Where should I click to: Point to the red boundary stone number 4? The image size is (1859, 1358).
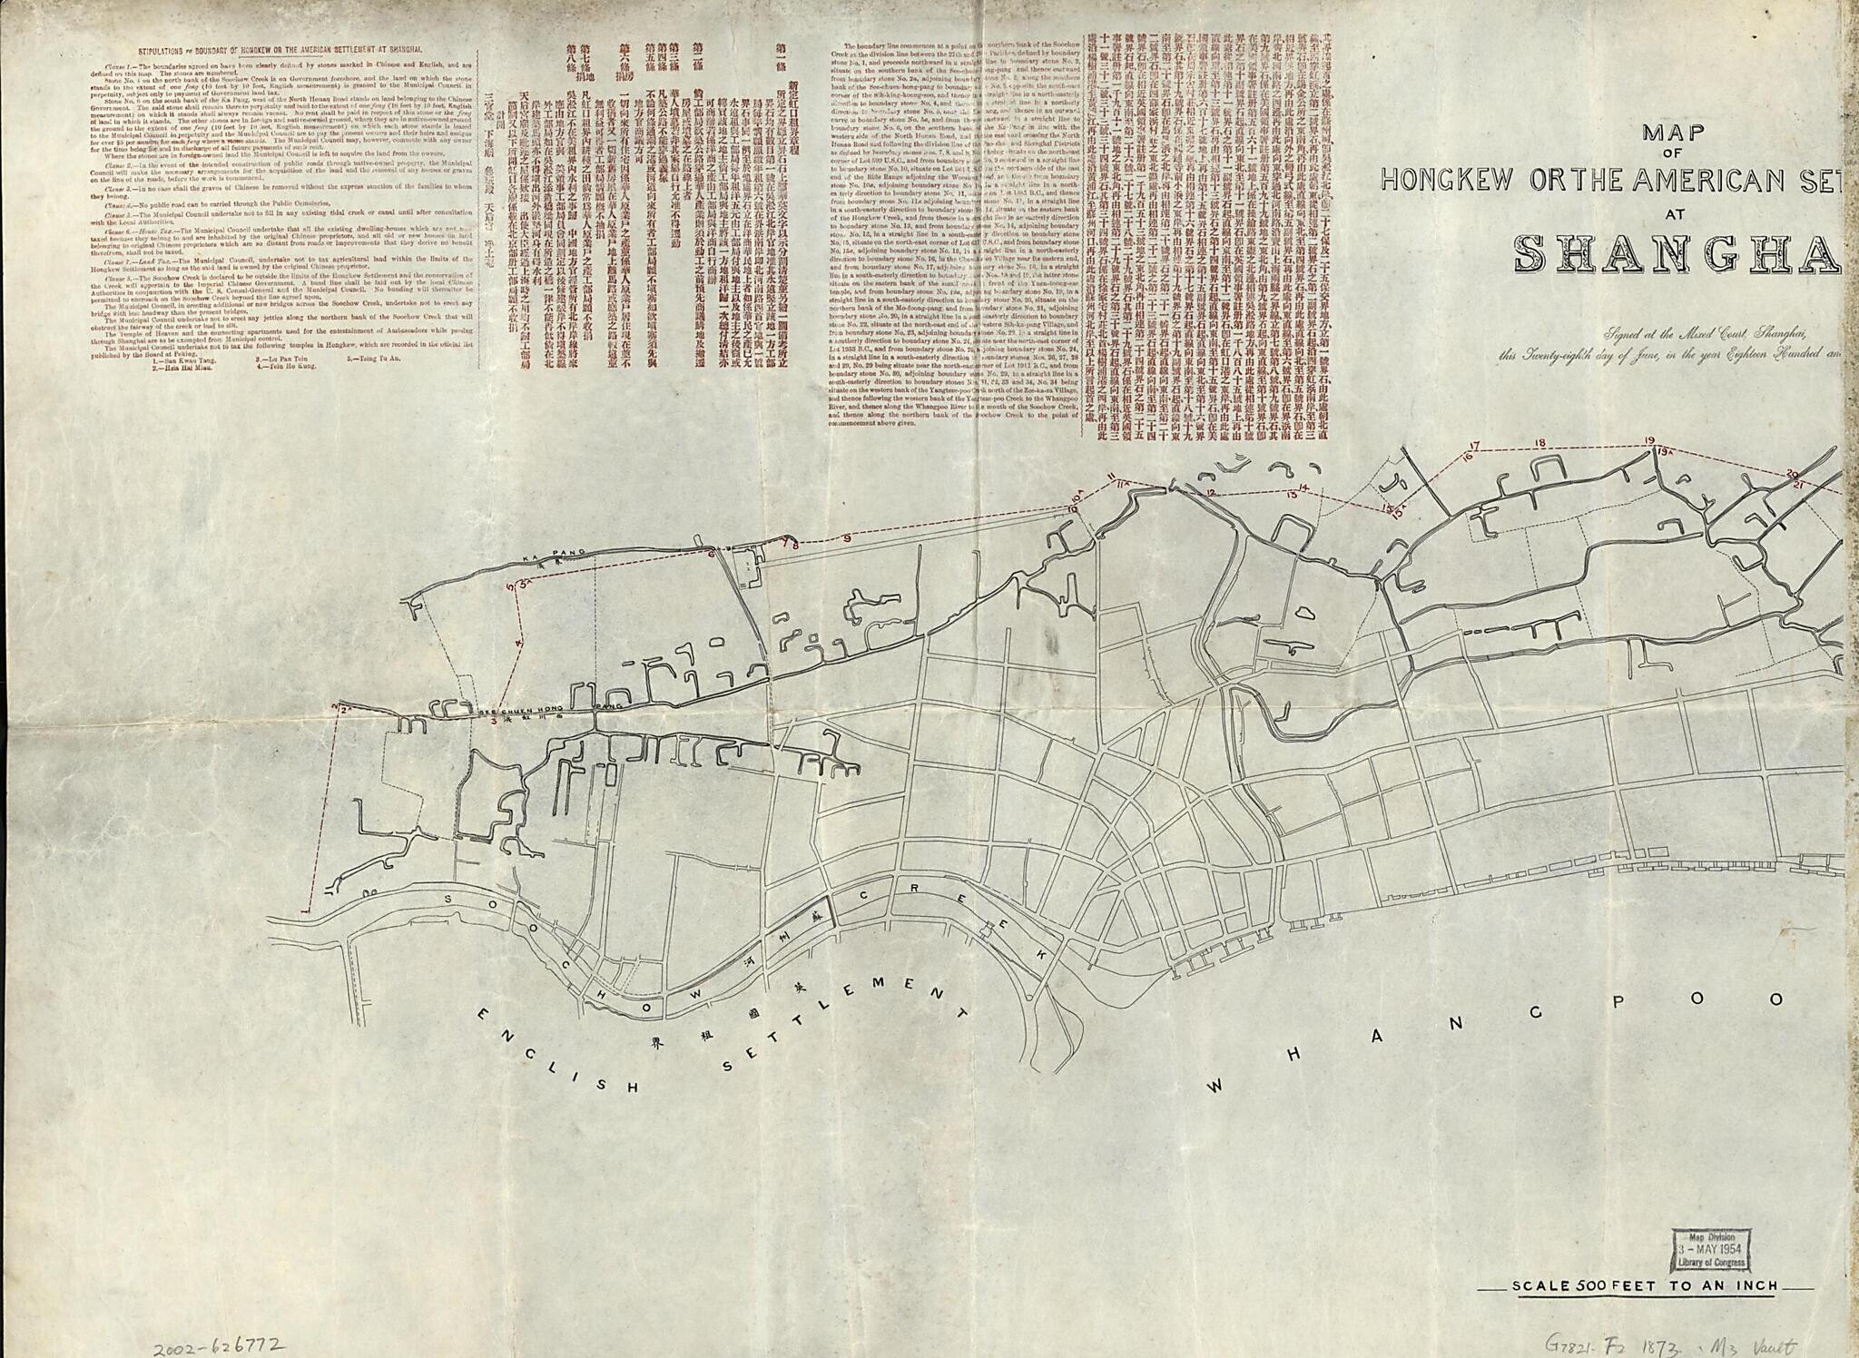(x=518, y=642)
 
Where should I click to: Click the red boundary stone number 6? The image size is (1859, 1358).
(x=712, y=549)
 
